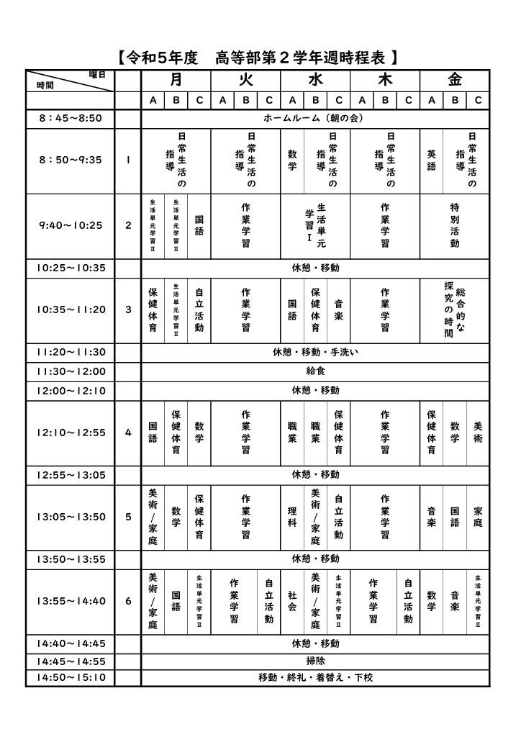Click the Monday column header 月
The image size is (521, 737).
point(176,79)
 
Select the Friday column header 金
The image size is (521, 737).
point(455,79)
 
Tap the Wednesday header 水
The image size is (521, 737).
point(315,79)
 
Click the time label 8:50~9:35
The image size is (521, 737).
point(71,160)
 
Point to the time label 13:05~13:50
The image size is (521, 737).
point(71,517)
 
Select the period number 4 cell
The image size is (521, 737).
point(128,433)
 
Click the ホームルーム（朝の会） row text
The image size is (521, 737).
point(315,117)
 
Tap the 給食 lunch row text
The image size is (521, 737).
point(315,371)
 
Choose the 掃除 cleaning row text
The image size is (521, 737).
point(315,660)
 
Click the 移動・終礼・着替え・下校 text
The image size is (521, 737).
point(315,677)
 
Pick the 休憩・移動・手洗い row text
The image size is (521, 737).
point(315,352)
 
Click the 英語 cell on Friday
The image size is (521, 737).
point(431,160)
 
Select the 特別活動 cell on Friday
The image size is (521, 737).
point(455,225)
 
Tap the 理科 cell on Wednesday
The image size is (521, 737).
point(292,517)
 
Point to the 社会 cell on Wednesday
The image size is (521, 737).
point(292,601)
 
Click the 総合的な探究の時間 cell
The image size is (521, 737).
point(455,309)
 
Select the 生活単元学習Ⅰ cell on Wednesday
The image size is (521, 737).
point(315,225)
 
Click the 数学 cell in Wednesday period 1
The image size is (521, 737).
point(292,160)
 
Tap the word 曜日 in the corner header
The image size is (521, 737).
point(96,74)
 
